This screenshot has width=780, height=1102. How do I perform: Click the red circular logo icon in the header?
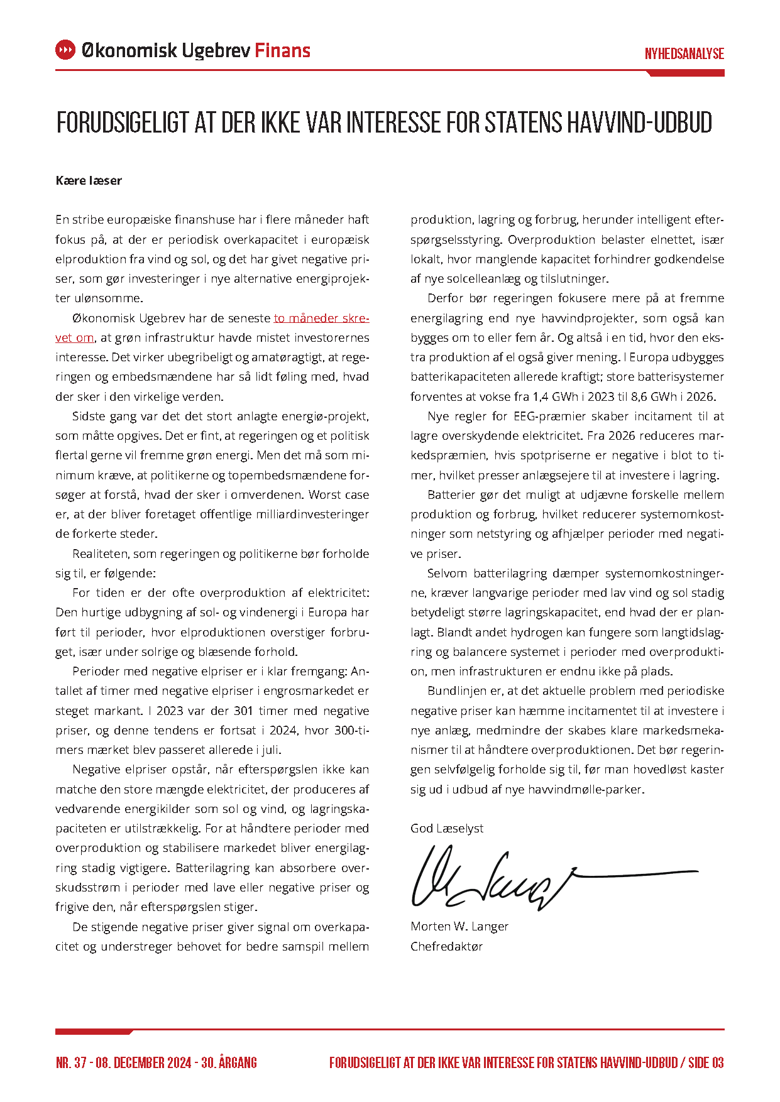coord(65,50)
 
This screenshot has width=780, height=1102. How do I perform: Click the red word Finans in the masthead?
coord(282,50)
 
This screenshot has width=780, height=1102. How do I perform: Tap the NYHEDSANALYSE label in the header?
coord(684,54)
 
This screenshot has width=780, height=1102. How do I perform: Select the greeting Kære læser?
coord(89,181)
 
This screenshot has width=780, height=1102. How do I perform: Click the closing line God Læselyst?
coord(447,828)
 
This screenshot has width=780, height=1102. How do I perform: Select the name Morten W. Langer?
coord(459,926)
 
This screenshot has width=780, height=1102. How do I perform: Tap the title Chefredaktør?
coord(446,946)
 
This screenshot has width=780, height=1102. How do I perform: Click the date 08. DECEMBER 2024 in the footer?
coord(143,1063)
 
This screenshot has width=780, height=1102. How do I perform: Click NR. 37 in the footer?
coord(71,1063)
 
